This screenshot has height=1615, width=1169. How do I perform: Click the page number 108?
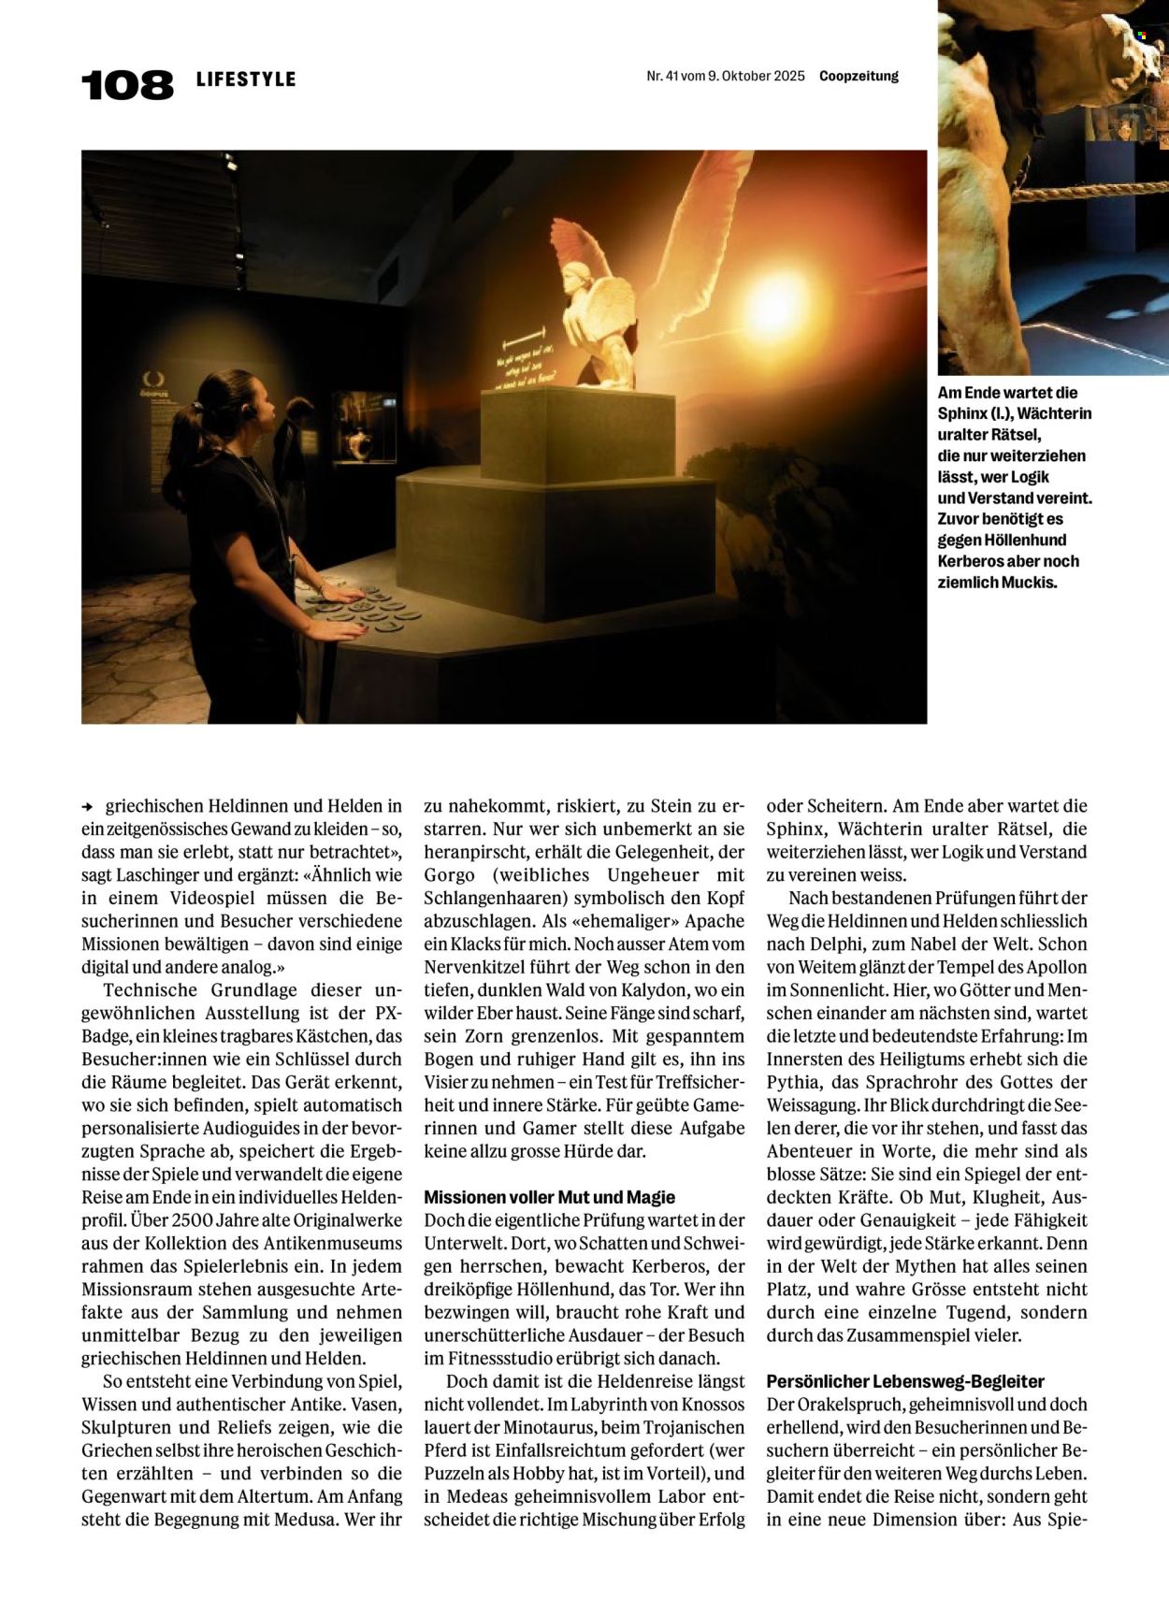(127, 85)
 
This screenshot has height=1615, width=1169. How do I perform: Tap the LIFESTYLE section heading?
(246, 79)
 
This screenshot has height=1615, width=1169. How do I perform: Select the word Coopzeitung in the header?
(859, 77)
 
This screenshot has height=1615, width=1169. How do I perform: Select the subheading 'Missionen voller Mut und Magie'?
(549, 1197)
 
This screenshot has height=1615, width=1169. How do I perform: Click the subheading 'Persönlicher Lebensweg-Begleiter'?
(904, 1381)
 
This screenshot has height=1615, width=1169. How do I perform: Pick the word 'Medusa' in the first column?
(305, 1520)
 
